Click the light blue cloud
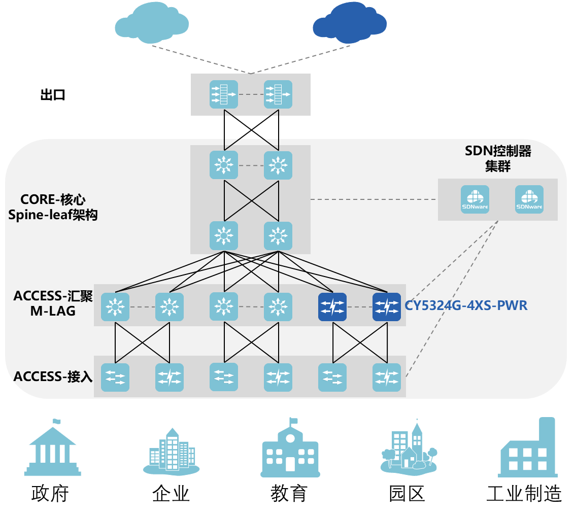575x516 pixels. coord(152,24)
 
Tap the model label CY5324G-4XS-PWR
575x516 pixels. coord(466,306)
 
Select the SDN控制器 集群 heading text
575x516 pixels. coord(498,158)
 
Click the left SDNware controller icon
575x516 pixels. coord(475,199)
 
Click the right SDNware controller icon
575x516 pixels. coord(529,199)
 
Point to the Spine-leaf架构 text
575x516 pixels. coord(53,215)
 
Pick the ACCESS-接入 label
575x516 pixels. coord(53,376)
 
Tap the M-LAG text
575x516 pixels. coord(53,311)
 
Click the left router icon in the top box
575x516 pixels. coord(224,94)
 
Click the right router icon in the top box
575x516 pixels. coord(278,94)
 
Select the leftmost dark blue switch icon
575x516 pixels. coord(332,307)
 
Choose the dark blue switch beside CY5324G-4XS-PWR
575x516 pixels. coord(386,307)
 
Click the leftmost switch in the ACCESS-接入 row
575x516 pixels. coord(115,377)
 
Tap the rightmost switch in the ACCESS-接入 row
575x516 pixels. coord(386,377)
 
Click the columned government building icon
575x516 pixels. coord(53,449)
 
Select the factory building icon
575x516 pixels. coord(528,449)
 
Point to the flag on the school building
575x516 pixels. coord(293,421)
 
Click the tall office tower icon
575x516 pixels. coord(172,449)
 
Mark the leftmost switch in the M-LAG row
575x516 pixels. coord(115,307)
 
